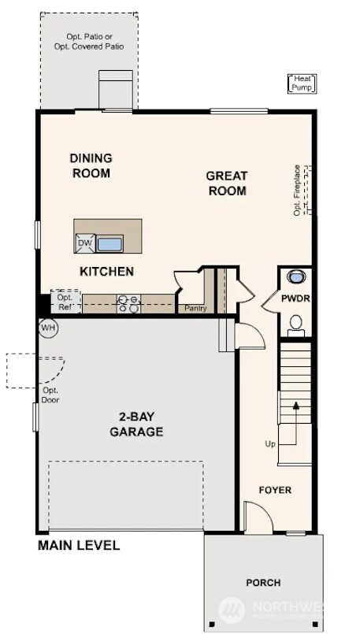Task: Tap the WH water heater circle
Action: pyautogui.click(x=47, y=327)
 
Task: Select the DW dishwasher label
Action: pyautogui.click(x=84, y=244)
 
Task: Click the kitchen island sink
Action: pyautogui.click(x=109, y=244)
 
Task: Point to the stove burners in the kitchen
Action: pyautogui.click(x=128, y=303)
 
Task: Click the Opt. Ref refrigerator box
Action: pyautogui.click(x=65, y=302)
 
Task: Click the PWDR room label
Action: pyautogui.click(x=296, y=299)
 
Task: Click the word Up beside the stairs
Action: pyautogui.click(x=270, y=444)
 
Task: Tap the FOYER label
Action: pyautogui.click(x=275, y=490)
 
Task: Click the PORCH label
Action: pyautogui.click(x=262, y=583)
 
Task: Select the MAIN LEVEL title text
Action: pyautogui.click(x=79, y=545)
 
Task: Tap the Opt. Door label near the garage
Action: pyautogui.click(x=50, y=395)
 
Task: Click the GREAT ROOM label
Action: pyautogui.click(x=227, y=183)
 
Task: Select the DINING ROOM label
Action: pyautogui.click(x=91, y=165)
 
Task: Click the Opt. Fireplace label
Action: pyautogui.click(x=297, y=190)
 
